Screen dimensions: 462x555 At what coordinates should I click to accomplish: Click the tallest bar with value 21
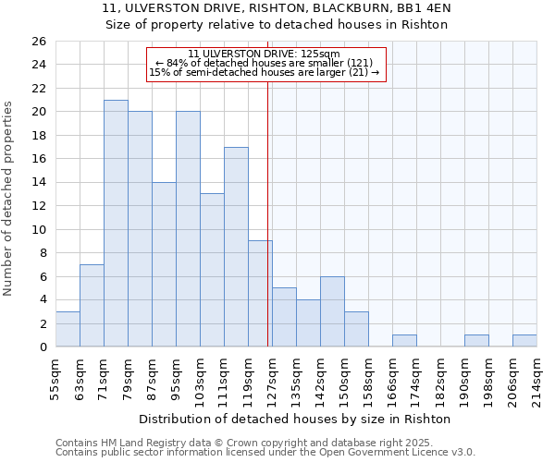coord(116,224)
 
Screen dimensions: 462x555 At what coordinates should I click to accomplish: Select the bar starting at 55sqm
coord(68,329)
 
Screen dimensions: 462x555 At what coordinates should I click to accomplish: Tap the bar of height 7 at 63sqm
coord(92,306)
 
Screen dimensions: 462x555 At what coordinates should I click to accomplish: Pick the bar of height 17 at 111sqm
coord(236,247)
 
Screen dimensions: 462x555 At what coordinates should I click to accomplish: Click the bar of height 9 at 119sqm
coord(260,294)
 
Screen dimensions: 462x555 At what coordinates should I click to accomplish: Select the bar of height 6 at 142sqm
coord(332,311)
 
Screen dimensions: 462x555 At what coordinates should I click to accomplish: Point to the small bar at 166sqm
coord(404,341)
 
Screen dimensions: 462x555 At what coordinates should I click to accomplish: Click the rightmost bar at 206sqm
coord(524,341)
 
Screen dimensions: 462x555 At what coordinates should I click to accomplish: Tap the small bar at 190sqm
coord(476,341)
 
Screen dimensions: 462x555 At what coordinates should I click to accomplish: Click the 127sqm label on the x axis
coord(272,380)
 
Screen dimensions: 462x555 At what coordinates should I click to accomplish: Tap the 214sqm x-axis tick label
coord(536,380)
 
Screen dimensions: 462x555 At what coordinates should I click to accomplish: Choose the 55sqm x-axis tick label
coord(55,380)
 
